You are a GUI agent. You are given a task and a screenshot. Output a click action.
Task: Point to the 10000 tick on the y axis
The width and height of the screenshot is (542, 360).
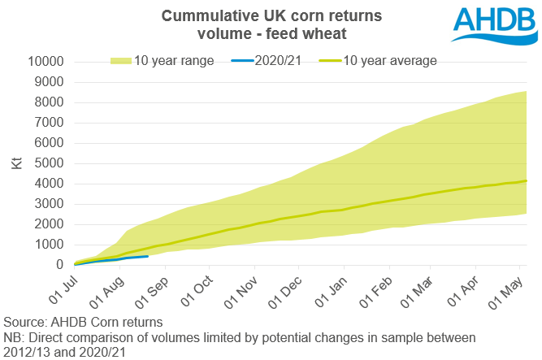[x=46, y=62]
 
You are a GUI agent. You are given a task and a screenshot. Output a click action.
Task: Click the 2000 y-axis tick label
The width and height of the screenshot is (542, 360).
[x=50, y=224]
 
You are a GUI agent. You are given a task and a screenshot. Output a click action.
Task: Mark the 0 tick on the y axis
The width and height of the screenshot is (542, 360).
[x=59, y=265]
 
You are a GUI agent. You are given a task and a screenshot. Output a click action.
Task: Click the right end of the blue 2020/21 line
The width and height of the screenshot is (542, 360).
[x=147, y=256]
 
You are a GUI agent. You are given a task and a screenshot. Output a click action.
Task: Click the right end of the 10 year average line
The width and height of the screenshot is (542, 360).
[x=527, y=180]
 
